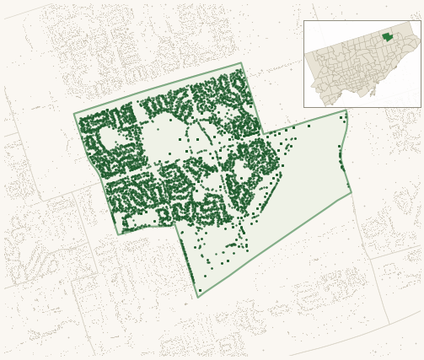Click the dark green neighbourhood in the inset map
(x=387, y=36)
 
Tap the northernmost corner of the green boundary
(x=241, y=63)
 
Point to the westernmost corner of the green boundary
(x=74, y=114)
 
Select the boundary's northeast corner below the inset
(x=346, y=110)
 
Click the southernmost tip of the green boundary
(x=198, y=297)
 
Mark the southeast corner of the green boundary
(x=352, y=193)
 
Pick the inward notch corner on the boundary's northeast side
(x=264, y=133)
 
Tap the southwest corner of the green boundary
(x=119, y=234)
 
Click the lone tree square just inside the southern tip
(x=200, y=290)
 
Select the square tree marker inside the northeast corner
(x=341, y=117)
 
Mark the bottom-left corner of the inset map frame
(x=304, y=107)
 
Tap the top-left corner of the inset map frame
(x=304, y=21)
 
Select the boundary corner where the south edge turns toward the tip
(x=174, y=225)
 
